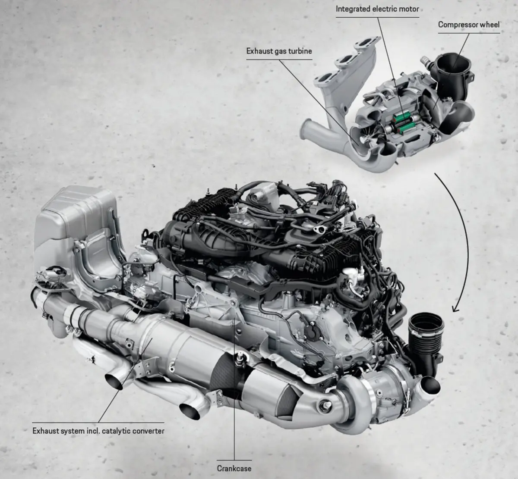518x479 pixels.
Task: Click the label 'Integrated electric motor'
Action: (x=377, y=9)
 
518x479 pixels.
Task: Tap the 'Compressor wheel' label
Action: (x=469, y=25)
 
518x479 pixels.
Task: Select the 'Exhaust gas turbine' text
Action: (x=279, y=51)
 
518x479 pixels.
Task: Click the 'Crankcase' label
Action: (x=234, y=468)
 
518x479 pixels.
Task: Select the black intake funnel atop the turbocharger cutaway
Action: (x=453, y=75)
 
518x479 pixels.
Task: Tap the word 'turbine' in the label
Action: (x=300, y=51)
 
